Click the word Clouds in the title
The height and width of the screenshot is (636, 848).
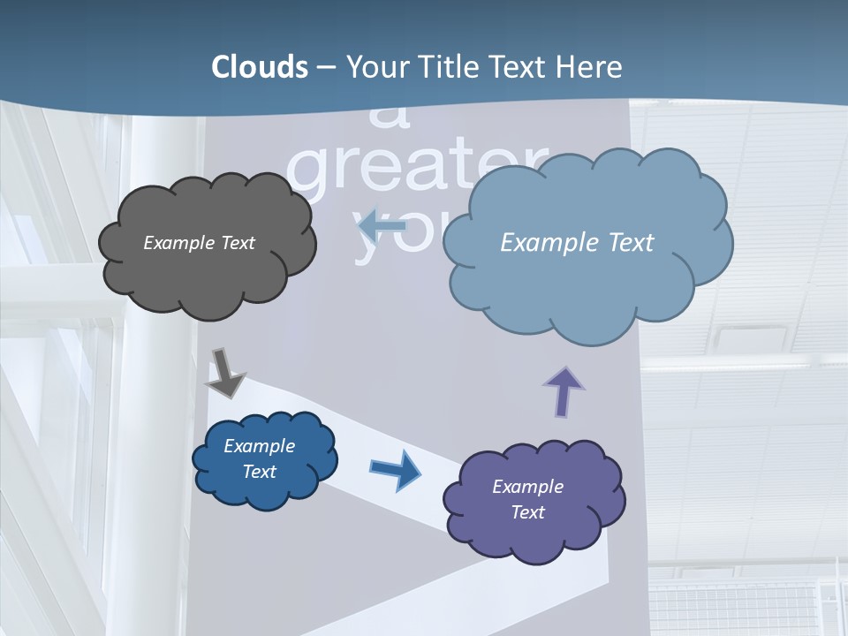pyautogui.click(x=260, y=67)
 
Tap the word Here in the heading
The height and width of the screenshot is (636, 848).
pyautogui.click(x=590, y=67)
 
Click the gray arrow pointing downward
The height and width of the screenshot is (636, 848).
pyautogui.click(x=225, y=373)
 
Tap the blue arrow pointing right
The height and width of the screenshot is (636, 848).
pyautogui.click(x=395, y=469)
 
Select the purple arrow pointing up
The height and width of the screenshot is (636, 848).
pyautogui.click(x=564, y=391)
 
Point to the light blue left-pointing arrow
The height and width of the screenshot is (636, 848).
pyautogui.click(x=382, y=225)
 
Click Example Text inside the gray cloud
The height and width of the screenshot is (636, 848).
pyautogui.click(x=199, y=243)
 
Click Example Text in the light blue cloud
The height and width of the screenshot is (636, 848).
pyautogui.click(x=577, y=243)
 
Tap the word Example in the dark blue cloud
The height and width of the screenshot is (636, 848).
pyautogui.click(x=259, y=446)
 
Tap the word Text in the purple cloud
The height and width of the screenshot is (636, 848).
pyautogui.click(x=527, y=512)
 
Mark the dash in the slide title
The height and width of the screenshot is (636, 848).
pyautogui.click(x=325, y=67)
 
